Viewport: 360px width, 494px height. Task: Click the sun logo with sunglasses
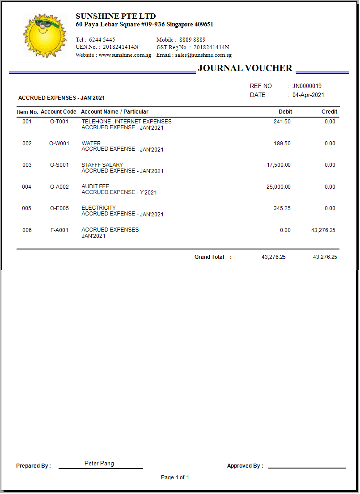[45, 35]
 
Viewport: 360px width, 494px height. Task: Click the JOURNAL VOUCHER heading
[245, 68]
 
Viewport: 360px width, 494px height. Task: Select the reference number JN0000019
[307, 86]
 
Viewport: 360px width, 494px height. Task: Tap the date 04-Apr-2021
[308, 95]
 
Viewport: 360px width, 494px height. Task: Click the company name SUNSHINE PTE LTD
[116, 17]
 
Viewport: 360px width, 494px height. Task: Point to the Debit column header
[285, 112]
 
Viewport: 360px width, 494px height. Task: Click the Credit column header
[329, 112]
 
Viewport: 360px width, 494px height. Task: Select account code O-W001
[59, 144]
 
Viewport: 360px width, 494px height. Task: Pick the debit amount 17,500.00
[279, 165]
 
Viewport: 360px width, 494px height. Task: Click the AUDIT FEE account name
[95, 186]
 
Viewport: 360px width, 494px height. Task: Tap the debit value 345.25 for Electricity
[282, 208]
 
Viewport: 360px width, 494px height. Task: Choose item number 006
[27, 230]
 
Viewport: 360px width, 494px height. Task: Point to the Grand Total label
[209, 257]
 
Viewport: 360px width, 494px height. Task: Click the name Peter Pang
[99, 464]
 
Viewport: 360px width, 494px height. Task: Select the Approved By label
[245, 466]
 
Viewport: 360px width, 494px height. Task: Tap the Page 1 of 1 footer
[175, 477]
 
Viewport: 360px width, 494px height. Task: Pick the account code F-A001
[59, 230]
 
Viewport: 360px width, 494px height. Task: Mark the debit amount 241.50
[282, 122]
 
